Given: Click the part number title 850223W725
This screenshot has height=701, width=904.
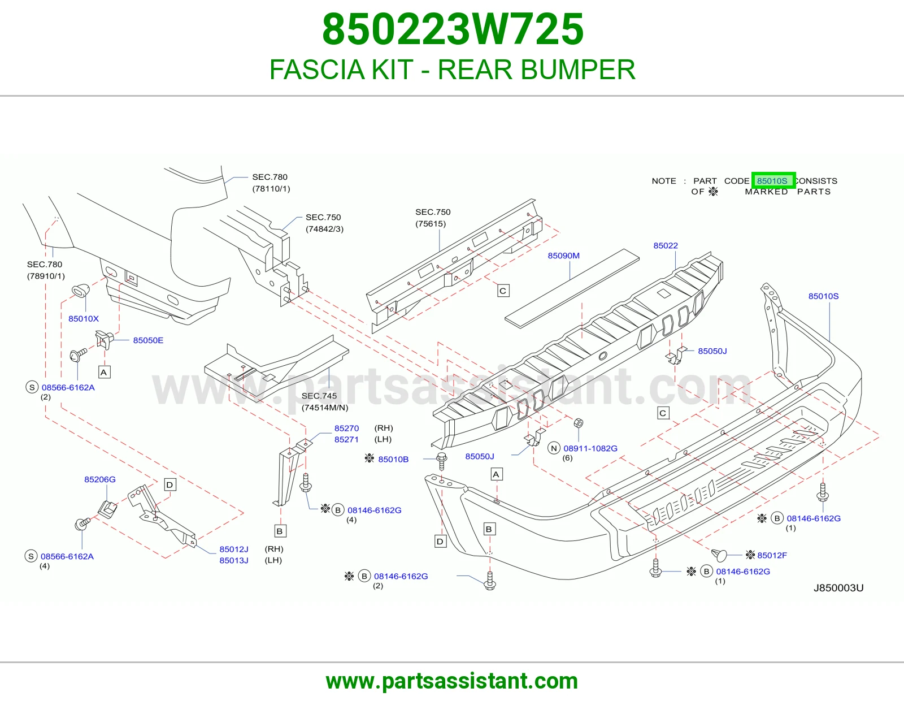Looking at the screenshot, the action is pos(453,29).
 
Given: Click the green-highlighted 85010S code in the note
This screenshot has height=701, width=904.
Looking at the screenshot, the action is pos(773,181).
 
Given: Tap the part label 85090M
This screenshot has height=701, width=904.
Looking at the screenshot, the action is pos(563,256).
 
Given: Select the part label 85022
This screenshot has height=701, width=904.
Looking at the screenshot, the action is pos(666,245).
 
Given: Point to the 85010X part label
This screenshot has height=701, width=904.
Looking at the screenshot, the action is pos(84,318).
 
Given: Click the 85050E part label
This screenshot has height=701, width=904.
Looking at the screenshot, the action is pos(148,340).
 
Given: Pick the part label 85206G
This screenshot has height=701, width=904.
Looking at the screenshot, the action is pos(100,479).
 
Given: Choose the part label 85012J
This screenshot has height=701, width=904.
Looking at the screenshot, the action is pos(234,549).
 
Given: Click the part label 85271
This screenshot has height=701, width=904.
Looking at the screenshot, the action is pos(346,439).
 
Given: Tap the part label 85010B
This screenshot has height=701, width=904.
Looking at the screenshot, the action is pos(393,459).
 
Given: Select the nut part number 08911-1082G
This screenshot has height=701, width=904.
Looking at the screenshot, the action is pos(590,448).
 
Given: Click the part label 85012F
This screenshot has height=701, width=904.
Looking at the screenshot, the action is pos(772,555).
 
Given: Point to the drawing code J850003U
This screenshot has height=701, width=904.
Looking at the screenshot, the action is pos(838,588).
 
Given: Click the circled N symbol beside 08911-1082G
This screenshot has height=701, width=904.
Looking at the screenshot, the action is pos(554,448).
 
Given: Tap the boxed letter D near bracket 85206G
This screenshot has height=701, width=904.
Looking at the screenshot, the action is pos(169,484).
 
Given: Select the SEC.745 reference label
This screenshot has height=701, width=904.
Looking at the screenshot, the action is pos(319,396).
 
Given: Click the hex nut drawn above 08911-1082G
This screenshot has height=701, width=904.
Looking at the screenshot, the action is pos(578,423).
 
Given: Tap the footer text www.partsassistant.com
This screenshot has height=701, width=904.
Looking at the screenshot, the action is pos(452,681).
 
